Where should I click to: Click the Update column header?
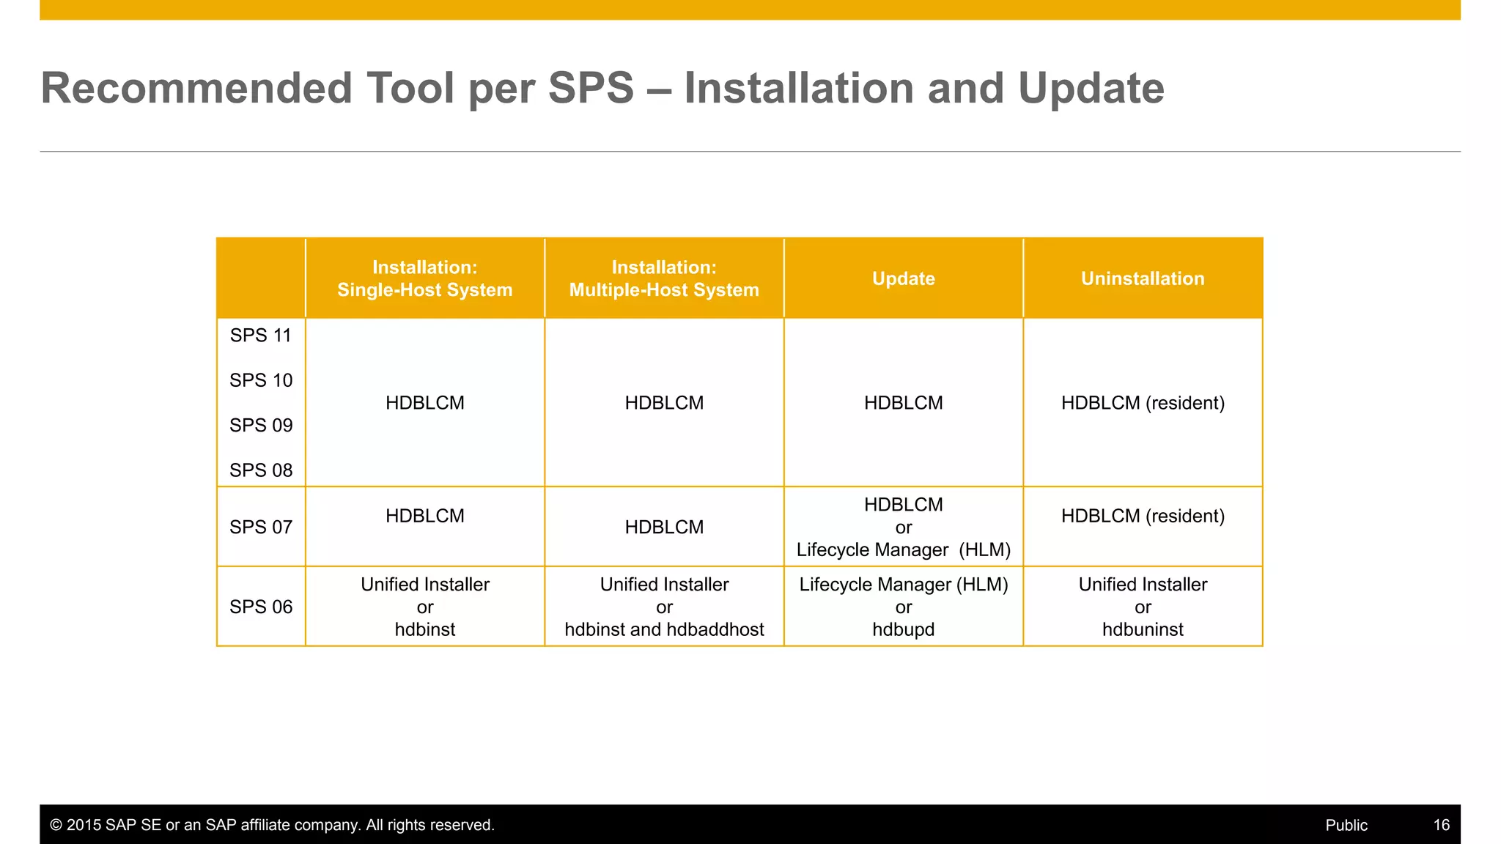(903, 278)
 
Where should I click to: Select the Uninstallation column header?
(1143, 278)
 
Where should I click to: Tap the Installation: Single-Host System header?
(424, 278)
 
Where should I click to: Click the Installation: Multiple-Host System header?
(664, 278)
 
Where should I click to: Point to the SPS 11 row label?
(260, 336)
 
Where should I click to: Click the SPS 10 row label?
(260, 380)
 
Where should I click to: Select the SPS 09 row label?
(260, 425)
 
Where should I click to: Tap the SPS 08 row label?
(260, 470)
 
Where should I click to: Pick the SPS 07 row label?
(260, 527)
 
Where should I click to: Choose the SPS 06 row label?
(260, 607)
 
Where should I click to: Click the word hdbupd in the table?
(903, 629)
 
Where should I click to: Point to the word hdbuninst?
(1143, 629)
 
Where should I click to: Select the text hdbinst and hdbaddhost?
(664, 629)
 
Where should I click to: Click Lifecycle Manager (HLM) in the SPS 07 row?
(903, 549)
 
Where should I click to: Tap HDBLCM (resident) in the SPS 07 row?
(1143, 516)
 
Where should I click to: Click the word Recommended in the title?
(196, 88)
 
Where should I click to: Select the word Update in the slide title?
(1091, 88)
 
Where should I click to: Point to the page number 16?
(1441, 825)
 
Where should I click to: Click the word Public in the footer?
(1346, 825)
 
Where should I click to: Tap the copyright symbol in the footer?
(56, 825)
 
